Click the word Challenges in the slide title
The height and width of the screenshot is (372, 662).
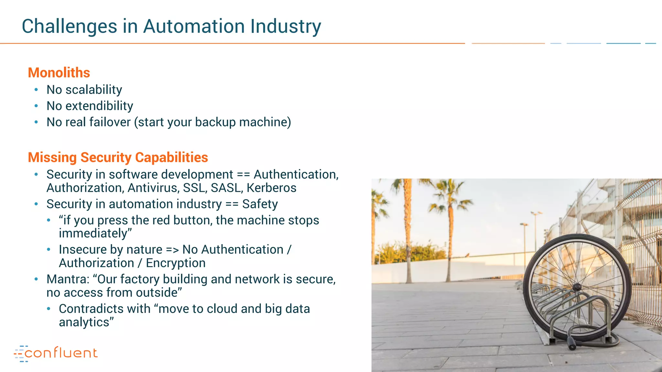coord(69,26)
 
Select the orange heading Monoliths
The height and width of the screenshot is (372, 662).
coord(59,73)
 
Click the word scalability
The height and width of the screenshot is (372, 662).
coord(94,90)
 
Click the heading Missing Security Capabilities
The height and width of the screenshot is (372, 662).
coord(118,157)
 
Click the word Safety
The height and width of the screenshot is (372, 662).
coord(260,204)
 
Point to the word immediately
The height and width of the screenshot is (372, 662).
coord(93,233)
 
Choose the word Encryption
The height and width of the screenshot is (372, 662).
coord(176,263)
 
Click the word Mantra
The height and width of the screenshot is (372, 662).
coord(66,279)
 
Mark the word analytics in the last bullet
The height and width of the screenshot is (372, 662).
coord(84,322)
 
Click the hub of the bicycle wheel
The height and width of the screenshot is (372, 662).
coord(577,287)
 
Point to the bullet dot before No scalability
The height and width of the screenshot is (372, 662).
coord(36,90)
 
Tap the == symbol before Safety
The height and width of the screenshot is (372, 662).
coord(232,204)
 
